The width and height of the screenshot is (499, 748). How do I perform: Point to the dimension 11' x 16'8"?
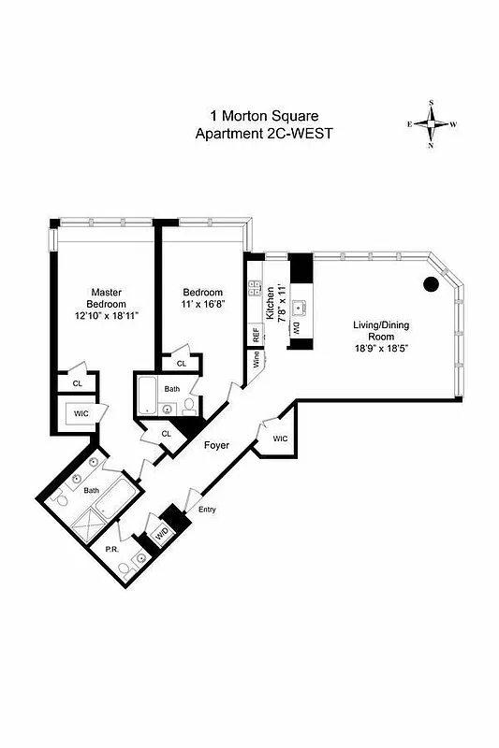click(x=202, y=306)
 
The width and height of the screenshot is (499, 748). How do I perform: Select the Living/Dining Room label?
click(x=380, y=331)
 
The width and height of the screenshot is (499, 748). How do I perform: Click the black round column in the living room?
click(x=431, y=283)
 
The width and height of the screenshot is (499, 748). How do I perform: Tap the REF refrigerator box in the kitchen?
click(x=255, y=334)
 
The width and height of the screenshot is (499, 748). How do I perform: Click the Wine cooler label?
click(x=254, y=360)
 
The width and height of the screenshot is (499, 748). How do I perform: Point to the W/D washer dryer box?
click(x=162, y=535)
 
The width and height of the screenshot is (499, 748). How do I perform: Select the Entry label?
click(x=207, y=510)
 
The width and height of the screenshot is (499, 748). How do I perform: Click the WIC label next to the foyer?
click(x=280, y=439)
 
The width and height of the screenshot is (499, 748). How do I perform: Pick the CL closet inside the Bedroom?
click(x=181, y=363)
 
